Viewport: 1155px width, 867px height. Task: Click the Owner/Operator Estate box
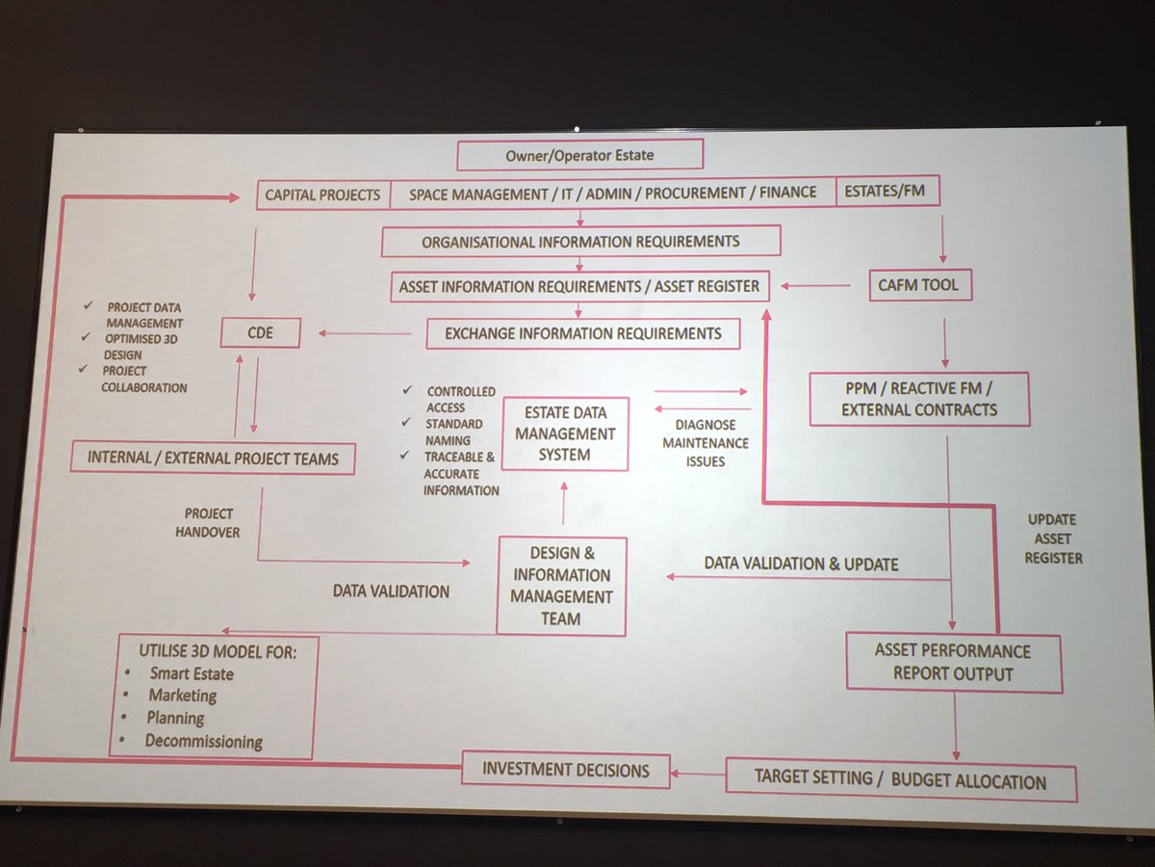click(579, 154)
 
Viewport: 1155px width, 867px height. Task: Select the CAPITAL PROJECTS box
click(323, 194)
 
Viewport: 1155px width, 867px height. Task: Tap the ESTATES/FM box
click(886, 191)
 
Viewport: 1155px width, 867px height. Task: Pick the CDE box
click(260, 333)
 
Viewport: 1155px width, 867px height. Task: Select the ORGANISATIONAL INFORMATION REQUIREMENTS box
click(580, 241)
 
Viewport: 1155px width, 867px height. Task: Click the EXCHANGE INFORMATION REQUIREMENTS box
click(582, 334)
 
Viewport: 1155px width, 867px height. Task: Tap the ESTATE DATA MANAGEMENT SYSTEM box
click(565, 433)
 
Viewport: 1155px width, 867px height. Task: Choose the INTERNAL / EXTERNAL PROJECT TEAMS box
click(213, 458)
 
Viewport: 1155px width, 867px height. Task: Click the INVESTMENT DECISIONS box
click(565, 770)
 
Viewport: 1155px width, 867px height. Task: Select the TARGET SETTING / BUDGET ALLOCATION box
click(900, 780)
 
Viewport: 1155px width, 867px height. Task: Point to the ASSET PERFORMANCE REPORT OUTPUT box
click(953, 663)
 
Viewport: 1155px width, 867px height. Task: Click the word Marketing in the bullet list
click(182, 696)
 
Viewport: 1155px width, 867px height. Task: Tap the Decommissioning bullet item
click(203, 741)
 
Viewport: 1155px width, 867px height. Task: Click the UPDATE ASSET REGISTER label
click(1052, 539)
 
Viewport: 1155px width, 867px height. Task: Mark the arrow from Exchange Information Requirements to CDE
click(366, 333)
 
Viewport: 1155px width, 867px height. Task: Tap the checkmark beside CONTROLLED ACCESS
click(409, 389)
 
